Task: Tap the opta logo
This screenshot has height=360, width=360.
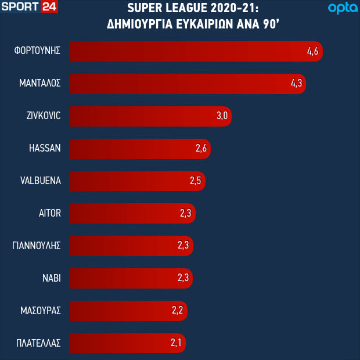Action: click(341, 8)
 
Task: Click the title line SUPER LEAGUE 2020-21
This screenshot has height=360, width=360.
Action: click(192, 8)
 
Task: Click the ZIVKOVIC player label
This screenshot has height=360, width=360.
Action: click(44, 116)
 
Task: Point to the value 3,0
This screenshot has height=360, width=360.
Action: click(222, 116)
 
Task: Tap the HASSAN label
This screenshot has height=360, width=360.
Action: click(45, 148)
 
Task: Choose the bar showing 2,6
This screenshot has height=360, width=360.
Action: click(139, 148)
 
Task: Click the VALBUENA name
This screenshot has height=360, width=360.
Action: click(41, 181)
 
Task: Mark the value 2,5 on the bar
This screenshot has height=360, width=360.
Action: click(195, 181)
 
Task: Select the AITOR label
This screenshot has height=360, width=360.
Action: click(49, 213)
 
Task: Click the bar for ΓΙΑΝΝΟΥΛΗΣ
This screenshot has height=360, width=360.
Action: click(131, 246)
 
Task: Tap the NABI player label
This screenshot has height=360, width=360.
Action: click(51, 278)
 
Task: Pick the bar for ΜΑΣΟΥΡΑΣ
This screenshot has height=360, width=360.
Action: click(128, 311)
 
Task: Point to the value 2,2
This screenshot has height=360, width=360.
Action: click(178, 311)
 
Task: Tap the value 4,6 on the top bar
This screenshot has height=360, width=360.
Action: click(313, 51)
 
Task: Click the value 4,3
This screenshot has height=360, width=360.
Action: click(297, 84)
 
